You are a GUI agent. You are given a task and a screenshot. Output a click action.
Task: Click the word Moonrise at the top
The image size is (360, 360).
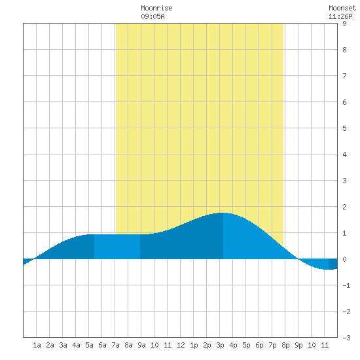pos(156,8)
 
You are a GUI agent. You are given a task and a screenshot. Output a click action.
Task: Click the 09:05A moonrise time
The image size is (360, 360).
pos(153,16)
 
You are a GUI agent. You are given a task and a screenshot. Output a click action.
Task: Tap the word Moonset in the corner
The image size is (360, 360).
pos(342,8)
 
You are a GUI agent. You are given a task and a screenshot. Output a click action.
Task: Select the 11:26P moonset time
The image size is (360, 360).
pos(340,16)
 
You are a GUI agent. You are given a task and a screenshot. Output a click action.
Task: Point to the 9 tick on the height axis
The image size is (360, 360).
pos(344,24)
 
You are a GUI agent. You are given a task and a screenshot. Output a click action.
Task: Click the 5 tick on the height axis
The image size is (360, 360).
pos(344,128)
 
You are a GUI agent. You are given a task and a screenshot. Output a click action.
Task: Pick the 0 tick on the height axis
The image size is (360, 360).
pos(344,259)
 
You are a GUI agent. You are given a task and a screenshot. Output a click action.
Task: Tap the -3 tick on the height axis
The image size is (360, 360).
pos(346,338)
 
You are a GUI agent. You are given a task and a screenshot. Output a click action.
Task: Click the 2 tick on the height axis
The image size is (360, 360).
pos(344,207)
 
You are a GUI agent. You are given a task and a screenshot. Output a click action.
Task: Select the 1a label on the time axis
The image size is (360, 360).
pos(37,345)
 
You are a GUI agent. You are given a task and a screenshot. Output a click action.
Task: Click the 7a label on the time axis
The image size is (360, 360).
pos(115,345)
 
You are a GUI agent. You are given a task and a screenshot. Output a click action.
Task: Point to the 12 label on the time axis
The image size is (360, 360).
pos(181,345)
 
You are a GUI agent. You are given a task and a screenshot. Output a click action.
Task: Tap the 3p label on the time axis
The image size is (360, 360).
pos(220,345)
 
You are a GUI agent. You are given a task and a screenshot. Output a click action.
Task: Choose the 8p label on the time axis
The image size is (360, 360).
pos(285,345)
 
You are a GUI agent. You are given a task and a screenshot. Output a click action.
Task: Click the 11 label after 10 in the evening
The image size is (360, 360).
pos(325,345)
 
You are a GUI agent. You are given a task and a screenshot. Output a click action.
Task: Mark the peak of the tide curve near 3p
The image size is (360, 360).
pos(223,213)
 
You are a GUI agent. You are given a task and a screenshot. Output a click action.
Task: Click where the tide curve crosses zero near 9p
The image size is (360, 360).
pos(298,259)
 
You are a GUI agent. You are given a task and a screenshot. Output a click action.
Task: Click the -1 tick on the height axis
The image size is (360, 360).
pos(346,285)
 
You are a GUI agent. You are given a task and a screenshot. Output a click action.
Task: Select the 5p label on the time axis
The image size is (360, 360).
pos(246,345)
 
